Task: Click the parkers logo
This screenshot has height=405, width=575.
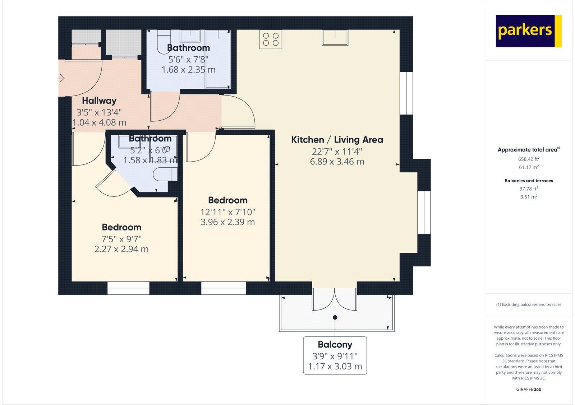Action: click(528, 31)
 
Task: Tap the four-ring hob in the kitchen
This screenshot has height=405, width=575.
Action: click(271, 39)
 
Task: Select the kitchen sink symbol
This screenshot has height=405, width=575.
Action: click(335, 38)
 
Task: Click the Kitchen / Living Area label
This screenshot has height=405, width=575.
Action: click(337, 140)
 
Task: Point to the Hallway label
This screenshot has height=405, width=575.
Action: click(99, 101)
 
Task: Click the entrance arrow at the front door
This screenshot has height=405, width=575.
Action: click(61, 78)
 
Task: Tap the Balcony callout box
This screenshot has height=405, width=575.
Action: click(335, 355)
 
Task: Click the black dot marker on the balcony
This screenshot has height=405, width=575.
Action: click(335, 317)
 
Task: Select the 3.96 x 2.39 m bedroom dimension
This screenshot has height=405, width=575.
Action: click(227, 222)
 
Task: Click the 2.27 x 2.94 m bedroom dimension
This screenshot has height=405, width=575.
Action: click(121, 249)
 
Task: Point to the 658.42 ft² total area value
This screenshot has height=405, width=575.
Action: click(529, 159)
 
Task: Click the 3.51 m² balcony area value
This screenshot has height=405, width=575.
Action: click(529, 197)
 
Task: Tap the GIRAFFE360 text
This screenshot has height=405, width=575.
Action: click(529, 389)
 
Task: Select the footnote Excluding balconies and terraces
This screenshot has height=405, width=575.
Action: click(529, 304)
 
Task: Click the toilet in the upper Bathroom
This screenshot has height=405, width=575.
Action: click(164, 39)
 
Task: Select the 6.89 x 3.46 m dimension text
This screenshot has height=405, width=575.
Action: click(337, 162)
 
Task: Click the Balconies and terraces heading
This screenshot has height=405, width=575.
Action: click(529, 181)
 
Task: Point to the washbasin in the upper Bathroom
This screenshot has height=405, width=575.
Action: click(190, 36)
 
